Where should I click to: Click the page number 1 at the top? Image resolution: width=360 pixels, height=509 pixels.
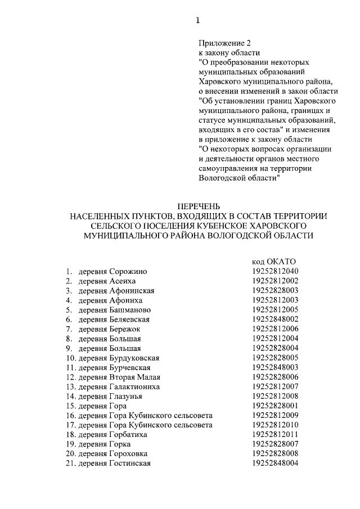point(197,21)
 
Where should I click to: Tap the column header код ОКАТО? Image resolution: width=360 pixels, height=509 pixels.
point(273,261)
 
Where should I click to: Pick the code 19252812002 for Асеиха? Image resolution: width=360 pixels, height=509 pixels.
point(275,281)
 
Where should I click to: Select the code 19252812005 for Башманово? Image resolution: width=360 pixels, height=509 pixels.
point(275,309)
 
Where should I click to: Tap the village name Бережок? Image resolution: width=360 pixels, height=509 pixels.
point(124,328)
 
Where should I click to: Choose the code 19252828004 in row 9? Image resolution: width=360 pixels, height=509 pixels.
point(275,348)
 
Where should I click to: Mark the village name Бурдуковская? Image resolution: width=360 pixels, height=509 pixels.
point(134,357)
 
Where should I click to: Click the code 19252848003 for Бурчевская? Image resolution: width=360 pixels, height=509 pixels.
point(275,367)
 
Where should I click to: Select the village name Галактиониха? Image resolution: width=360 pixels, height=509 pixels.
point(134,386)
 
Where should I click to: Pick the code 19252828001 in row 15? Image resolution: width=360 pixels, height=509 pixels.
point(275,406)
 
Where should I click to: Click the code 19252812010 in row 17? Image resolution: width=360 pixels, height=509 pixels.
point(275,425)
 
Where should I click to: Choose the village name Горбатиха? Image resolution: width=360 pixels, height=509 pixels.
point(129,434)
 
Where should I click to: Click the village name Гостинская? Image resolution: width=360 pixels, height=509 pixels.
point(130,463)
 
